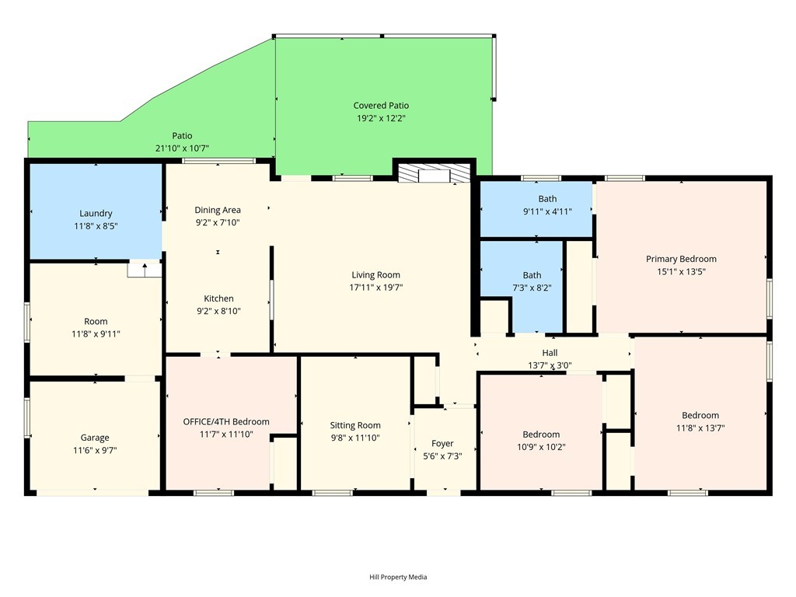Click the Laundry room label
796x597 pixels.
pyautogui.click(x=96, y=213)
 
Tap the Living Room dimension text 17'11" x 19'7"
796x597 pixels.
pyautogui.click(x=375, y=288)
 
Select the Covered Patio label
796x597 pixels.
pyautogui.click(x=381, y=106)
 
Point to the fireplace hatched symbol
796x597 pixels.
pyautogui.click(x=431, y=173)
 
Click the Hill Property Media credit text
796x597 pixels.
pyautogui.click(x=398, y=577)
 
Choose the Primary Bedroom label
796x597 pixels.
pyautogui.click(x=681, y=259)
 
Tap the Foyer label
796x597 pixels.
pyautogui.click(x=442, y=444)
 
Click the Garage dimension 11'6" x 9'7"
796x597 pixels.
pyautogui.click(x=95, y=450)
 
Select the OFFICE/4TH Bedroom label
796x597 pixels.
pyautogui.click(x=226, y=422)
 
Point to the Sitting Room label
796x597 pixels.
pyautogui.click(x=354, y=425)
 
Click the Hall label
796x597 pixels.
pyautogui.click(x=550, y=353)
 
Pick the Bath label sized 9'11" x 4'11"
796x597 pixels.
pyautogui.click(x=547, y=199)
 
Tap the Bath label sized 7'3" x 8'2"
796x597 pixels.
pyautogui.click(x=532, y=275)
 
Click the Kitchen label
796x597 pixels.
pyautogui.click(x=218, y=298)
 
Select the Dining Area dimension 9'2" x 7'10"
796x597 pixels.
pyautogui.click(x=218, y=222)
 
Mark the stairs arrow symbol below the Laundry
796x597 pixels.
pyautogui.click(x=145, y=268)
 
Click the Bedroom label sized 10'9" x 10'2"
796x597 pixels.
pyautogui.click(x=541, y=435)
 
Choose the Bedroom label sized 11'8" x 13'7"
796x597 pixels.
pyautogui.click(x=700, y=415)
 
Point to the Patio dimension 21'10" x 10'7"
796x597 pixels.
pyautogui.click(x=182, y=148)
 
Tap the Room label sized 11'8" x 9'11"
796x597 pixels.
pyautogui.click(x=96, y=321)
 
